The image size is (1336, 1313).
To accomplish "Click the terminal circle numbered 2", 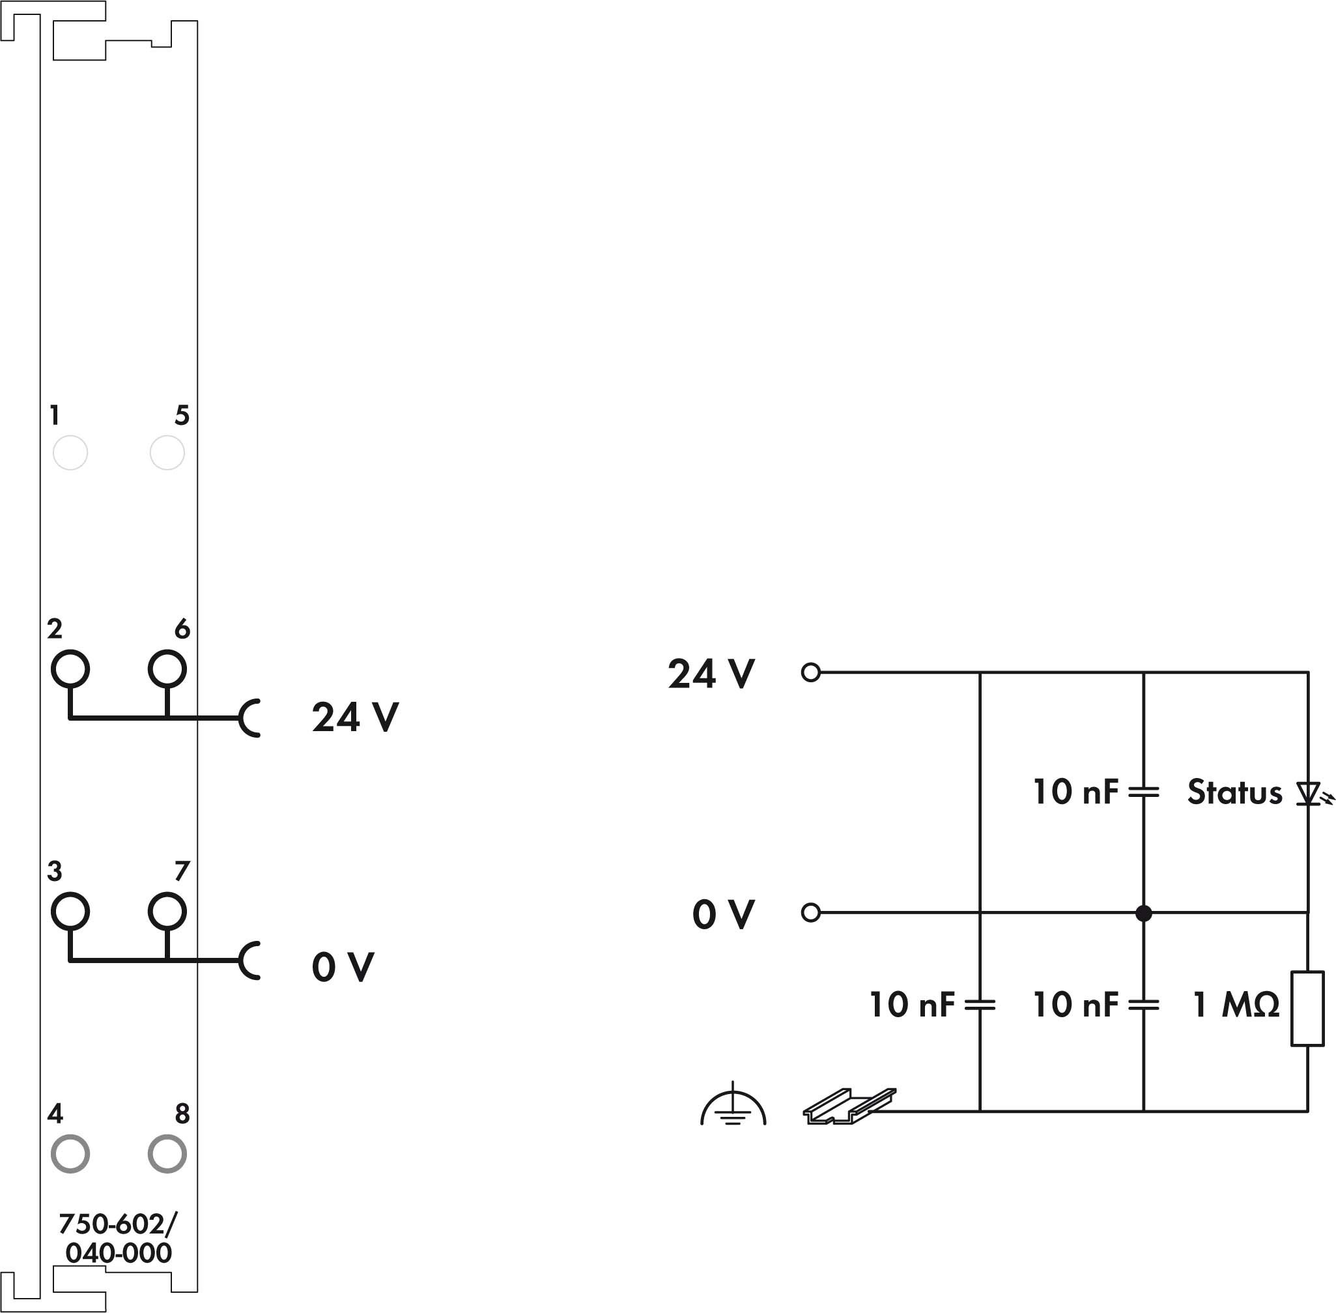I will coord(70,669).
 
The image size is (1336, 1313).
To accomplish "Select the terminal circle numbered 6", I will coord(167,669).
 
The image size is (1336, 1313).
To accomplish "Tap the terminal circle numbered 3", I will coord(70,912).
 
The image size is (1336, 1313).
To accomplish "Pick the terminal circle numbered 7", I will coord(167,912).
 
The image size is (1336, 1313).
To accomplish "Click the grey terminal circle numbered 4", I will coord(70,1154).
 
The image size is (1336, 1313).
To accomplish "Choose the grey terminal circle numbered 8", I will coord(167,1154).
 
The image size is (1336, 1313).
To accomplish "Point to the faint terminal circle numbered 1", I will coord(70,453).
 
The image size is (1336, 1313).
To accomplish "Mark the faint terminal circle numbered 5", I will coord(167,453).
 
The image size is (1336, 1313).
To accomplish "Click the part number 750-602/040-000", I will coord(118,1239).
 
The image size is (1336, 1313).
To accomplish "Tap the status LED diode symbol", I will coord(1309,794).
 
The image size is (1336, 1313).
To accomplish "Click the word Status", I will coord(1234,792).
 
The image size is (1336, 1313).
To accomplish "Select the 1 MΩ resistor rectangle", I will coord(1308,1009).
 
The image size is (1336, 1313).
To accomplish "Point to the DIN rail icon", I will coord(849,1106).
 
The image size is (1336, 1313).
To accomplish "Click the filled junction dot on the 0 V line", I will coord(1144,913).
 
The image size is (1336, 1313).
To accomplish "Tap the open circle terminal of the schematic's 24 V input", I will coord(811,672).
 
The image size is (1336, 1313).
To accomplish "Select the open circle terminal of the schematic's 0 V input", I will coord(811,913).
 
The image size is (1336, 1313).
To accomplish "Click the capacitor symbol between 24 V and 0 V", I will coord(1144,793).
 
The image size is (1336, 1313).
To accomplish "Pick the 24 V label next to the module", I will coord(355,717).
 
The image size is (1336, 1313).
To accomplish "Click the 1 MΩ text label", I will coord(1236,1005).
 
